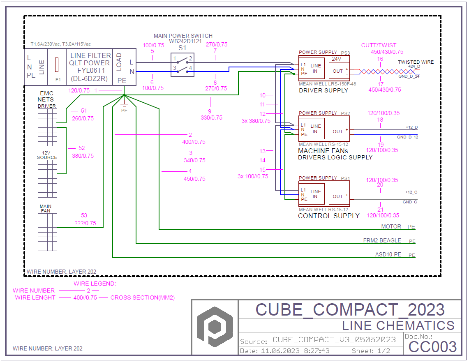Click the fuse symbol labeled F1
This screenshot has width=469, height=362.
point(57,65)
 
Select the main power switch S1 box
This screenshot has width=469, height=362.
point(183,65)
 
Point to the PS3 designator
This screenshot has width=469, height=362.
point(345,53)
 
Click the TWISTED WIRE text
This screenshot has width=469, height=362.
point(415,62)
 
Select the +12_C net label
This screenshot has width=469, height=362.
point(411,192)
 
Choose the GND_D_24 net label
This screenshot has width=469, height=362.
point(409,76)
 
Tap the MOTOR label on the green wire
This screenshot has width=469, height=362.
point(391,226)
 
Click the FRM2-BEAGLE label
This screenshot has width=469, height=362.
point(382,240)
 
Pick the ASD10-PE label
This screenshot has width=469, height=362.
point(388,254)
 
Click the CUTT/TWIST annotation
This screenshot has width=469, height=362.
point(379,46)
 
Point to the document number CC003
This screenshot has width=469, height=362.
point(433,346)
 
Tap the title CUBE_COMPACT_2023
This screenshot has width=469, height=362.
point(350,309)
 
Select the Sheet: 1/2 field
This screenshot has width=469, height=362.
point(371,351)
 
